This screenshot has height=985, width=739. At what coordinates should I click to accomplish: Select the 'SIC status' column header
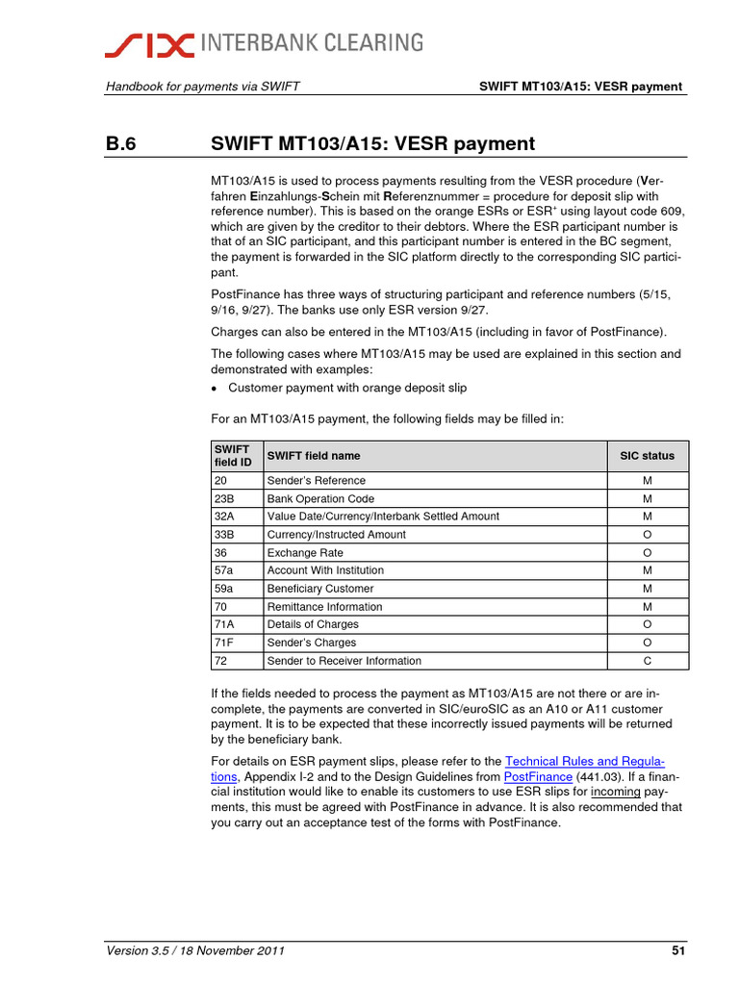tap(646, 456)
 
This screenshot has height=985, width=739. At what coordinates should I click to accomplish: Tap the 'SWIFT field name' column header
tap(314, 456)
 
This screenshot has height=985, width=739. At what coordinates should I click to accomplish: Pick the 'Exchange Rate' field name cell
tap(305, 553)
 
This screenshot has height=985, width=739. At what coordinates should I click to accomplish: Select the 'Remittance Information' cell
tap(324, 607)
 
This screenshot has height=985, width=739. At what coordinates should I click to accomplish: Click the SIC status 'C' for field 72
tap(647, 661)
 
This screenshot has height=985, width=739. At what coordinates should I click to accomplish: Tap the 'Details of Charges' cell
tap(313, 625)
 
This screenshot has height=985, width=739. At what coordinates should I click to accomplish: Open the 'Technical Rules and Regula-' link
tap(584, 761)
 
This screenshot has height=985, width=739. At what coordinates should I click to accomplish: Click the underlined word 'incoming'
tap(616, 792)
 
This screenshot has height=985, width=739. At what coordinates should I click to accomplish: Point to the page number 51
tap(677, 952)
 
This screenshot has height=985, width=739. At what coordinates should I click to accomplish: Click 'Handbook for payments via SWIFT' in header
tap(202, 87)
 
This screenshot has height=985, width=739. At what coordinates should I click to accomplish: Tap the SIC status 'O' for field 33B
tap(647, 535)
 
